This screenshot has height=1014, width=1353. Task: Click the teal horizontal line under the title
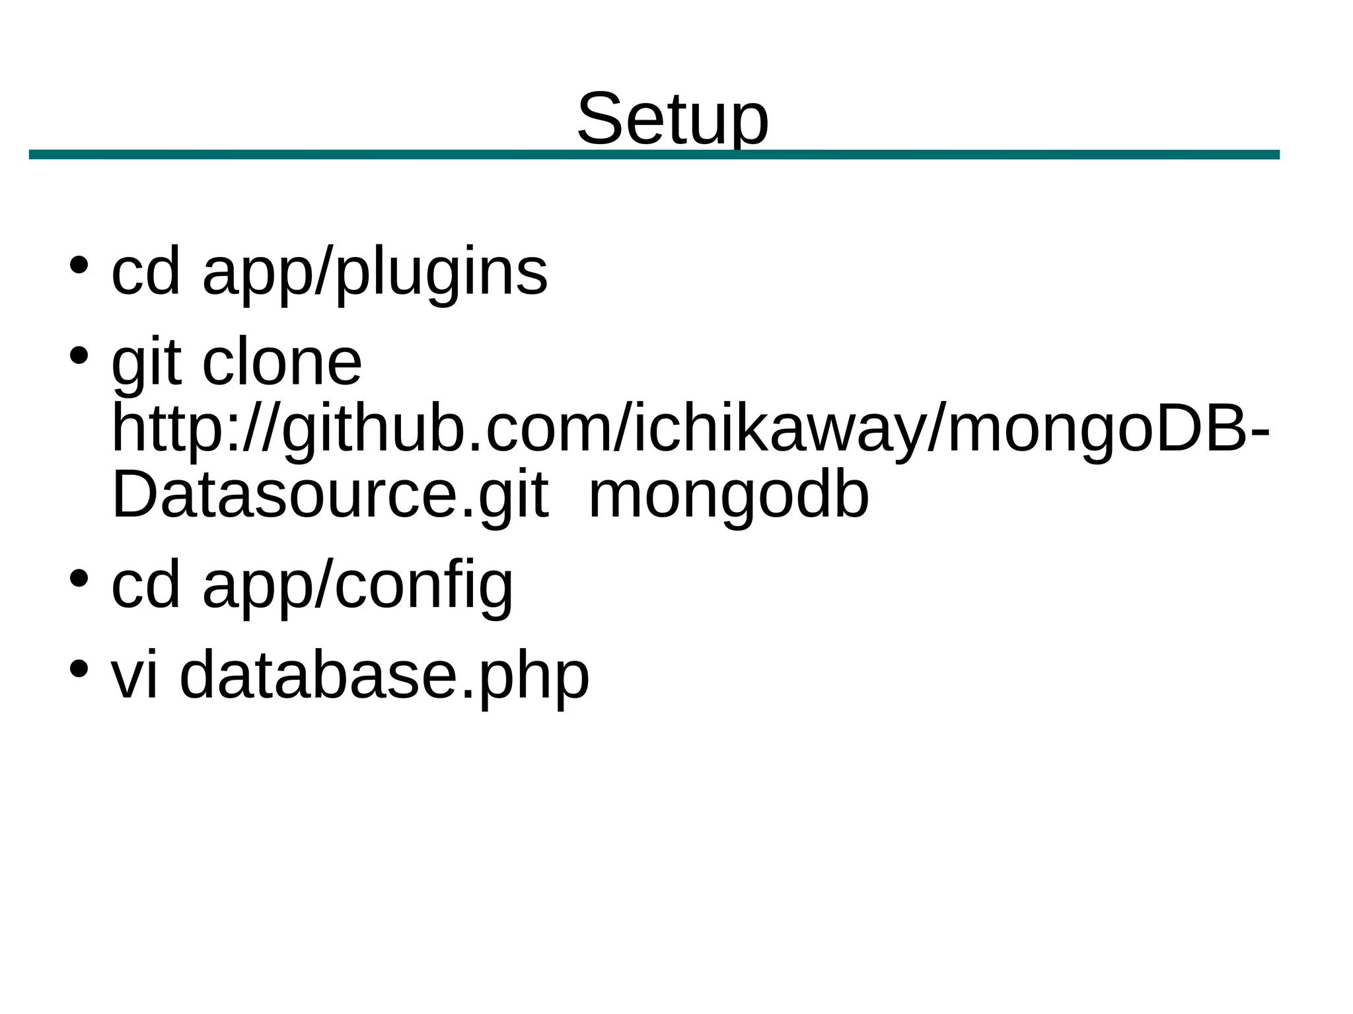654,155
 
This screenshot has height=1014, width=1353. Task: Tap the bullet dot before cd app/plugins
79,265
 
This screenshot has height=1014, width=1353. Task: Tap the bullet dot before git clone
79,355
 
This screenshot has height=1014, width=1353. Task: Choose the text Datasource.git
330,495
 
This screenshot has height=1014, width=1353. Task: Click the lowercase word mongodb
728,495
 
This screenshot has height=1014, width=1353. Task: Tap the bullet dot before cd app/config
79,578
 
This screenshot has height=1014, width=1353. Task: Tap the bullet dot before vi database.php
79,669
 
